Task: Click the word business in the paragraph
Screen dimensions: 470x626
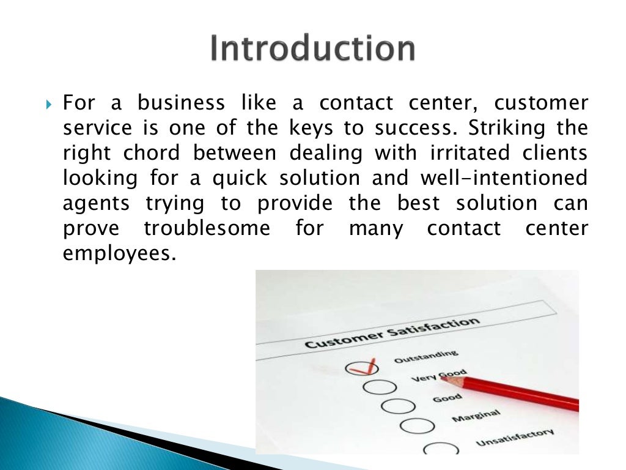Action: pyautogui.click(x=180, y=103)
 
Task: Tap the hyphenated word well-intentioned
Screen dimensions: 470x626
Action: pyautogui.click(x=504, y=178)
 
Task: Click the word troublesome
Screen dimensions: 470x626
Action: pyautogui.click(x=207, y=229)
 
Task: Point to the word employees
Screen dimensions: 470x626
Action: pyautogui.click(x=116, y=253)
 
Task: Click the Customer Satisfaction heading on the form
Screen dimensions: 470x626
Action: pyautogui.click(x=391, y=333)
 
